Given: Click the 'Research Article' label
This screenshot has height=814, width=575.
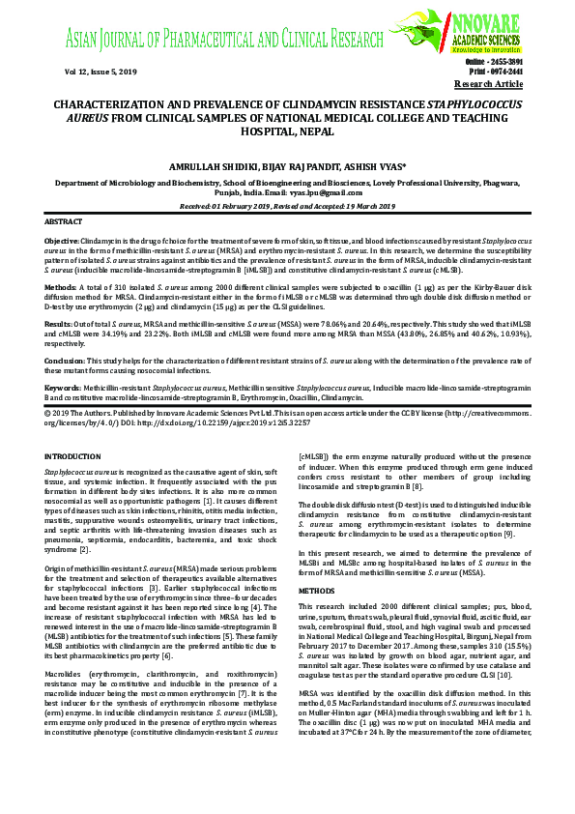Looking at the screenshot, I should point(494,84).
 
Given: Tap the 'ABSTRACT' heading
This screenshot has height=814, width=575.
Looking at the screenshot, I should point(64,221).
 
